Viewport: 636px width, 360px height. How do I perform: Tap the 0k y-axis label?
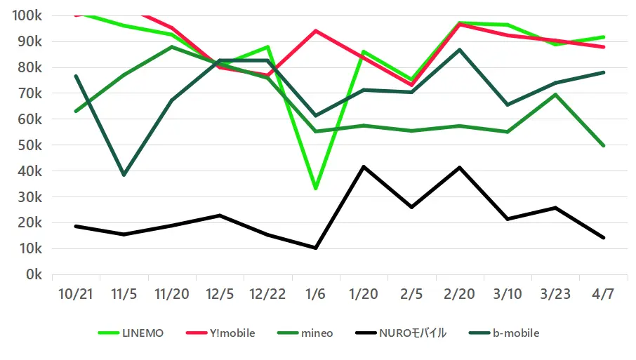click(x=34, y=274)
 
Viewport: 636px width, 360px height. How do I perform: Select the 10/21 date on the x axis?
click(x=76, y=293)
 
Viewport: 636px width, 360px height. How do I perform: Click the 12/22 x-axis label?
click(x=267, y=293)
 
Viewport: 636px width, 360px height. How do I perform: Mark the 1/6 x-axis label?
click(x=315, y=293)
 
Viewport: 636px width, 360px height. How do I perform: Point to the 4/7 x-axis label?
click(x=602, y=293)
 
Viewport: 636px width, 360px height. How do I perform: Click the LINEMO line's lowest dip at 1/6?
click(x=315, y=189)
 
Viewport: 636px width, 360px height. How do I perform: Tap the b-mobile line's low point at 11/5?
click(x=124, y=175)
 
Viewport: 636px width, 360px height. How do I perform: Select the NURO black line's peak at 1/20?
click(x=363, y=166)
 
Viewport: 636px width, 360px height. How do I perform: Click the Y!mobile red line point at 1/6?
click(x=315, y=31)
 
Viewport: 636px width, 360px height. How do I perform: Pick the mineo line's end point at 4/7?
click(x=602, y=146)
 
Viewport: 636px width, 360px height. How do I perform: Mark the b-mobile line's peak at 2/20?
click(x=459, y=50)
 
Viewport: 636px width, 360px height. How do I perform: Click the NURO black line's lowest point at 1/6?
click(x=315, y=248)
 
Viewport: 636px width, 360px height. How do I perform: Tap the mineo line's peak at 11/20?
click(x=172, y=47)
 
